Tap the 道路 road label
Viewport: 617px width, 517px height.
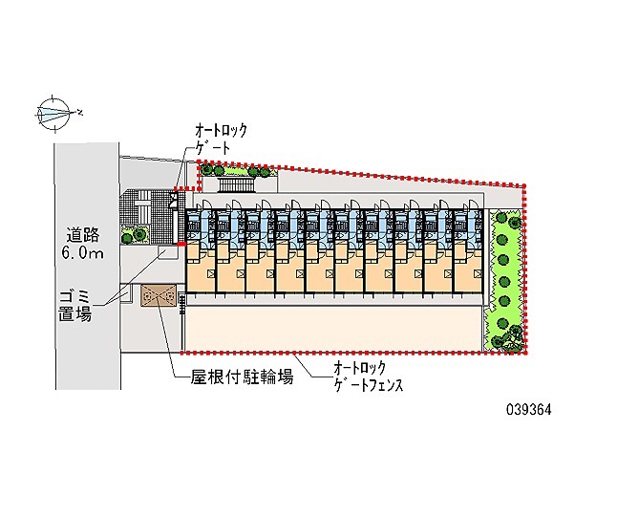[x=83, y=235]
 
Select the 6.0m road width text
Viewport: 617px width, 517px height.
[x=83, y=253]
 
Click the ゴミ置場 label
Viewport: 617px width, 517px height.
[x=74, y=306]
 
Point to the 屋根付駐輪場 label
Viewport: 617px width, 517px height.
[x=242, y=378]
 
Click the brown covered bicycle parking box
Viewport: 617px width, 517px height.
[x=159, y=295]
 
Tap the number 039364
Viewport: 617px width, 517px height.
[x=528, y=410]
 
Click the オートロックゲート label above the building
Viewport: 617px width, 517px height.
[x=222, y=140]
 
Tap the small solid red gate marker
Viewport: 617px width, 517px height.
[x=181, y=245]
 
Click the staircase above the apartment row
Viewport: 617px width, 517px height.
[x=236, y=184]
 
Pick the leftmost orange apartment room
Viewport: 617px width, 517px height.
[x=201, y=268]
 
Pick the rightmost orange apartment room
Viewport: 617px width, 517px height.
[x=468, y=268]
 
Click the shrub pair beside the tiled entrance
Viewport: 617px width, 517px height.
[x=134, y=235]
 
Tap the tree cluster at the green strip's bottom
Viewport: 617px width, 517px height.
[x=507, y=337]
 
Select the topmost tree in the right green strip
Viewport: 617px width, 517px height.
[x=503, y=218]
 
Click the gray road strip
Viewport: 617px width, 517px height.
[x=87, y=267]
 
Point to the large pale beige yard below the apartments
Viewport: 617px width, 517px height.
[x=333, y=329]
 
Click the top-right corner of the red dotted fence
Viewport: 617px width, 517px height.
[x=524, y=185]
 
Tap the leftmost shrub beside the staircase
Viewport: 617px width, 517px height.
[x=205, y=170]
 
